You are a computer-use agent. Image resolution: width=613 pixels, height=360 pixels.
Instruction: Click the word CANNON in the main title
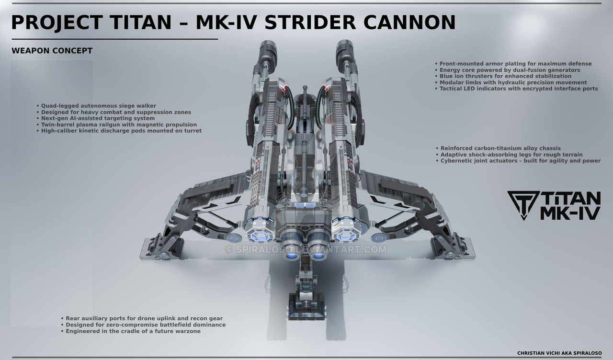(x=409, y=22)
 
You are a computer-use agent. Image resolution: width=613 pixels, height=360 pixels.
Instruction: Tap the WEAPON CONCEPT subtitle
(x=52, y=51)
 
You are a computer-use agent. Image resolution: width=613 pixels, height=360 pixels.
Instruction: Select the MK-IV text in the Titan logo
(x=570, y=214)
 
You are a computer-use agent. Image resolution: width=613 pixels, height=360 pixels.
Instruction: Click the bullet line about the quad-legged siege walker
(x=96, y=106)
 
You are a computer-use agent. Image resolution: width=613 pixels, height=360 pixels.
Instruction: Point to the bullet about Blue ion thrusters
(x=503, y=76)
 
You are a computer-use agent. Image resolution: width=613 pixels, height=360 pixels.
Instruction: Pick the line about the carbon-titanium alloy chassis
(x=498, y=148)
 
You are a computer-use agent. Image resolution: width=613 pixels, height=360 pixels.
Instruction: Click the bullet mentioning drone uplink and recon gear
(x=142, y=318)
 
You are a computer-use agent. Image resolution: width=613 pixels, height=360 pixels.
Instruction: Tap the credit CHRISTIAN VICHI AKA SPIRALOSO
(x=559, y=353)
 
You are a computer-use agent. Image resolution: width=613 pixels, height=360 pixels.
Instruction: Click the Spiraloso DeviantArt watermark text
(x=306, y=249)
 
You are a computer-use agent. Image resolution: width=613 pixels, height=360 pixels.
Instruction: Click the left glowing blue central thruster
(x=292, y=256)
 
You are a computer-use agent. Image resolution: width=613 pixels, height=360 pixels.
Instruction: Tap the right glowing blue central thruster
(x=318, y=256)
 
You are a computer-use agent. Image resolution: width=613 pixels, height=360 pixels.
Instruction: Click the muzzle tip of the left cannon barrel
(x=267, y=44)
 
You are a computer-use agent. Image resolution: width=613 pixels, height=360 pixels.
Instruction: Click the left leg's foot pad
(x=161, y=249)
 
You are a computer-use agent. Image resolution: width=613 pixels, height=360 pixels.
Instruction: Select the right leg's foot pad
(x=453, y=249)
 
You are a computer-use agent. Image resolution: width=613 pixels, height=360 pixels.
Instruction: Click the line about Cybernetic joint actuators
(x=518, y=161)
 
